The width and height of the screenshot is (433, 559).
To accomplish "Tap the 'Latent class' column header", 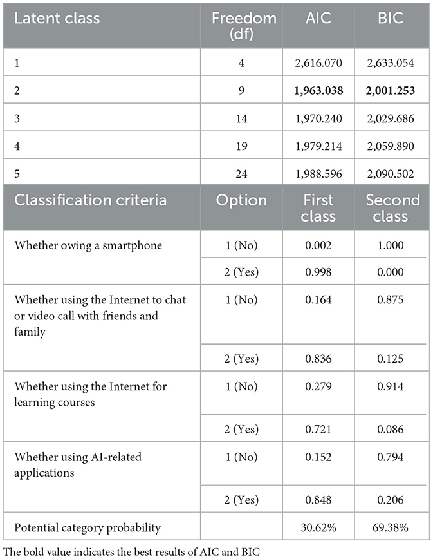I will (57, 18).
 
